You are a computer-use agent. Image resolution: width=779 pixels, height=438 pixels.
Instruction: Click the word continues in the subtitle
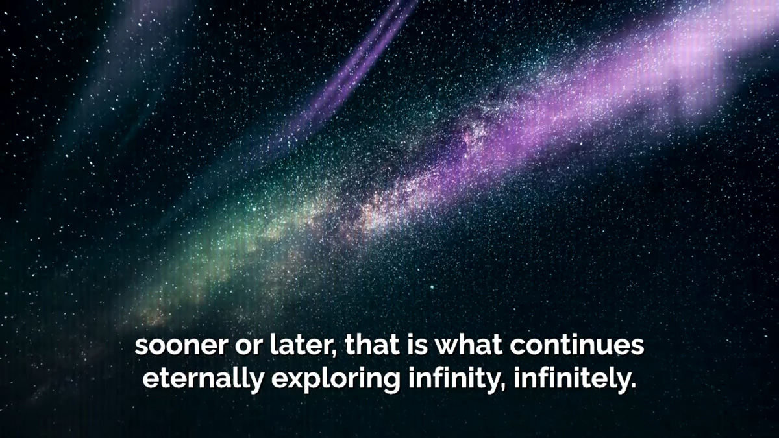(577, 345)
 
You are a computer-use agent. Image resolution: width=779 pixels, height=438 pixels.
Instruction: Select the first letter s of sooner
(141, 347)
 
